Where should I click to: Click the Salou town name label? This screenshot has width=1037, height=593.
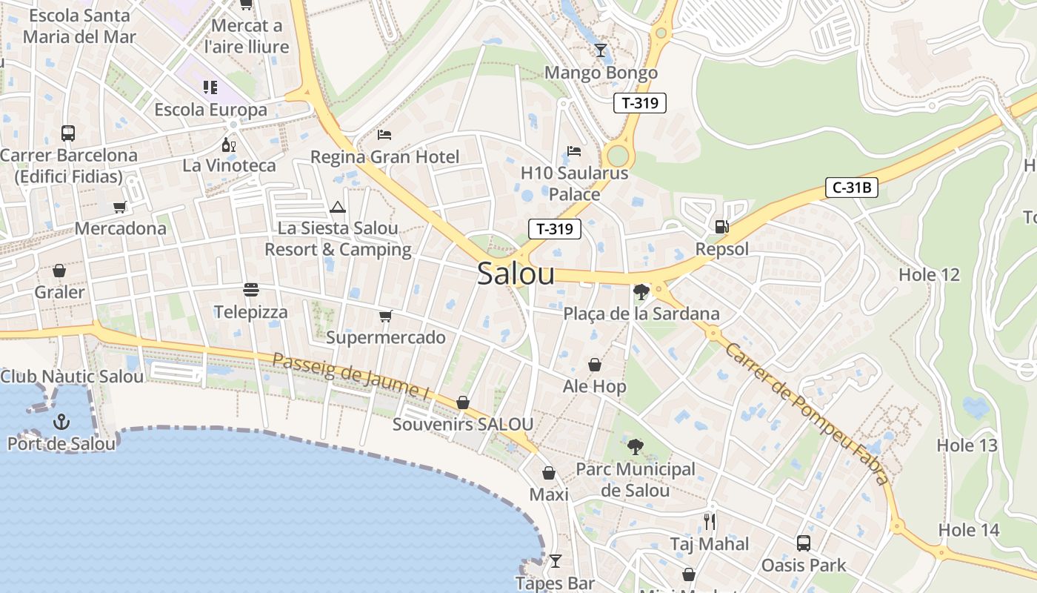[516, 274]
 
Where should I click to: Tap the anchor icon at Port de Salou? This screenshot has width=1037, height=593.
[61, 423]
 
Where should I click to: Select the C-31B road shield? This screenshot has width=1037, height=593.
[852, 188]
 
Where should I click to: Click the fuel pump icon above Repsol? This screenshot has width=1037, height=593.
[721, 227]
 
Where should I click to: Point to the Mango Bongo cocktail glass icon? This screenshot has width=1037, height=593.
[601, 50]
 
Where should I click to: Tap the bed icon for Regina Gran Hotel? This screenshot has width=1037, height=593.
[384, 134]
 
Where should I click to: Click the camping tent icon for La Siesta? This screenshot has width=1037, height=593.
[338, 207]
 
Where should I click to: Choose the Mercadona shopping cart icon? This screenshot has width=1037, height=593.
[120, 207]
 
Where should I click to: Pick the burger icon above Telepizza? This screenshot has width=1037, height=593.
[250, 289]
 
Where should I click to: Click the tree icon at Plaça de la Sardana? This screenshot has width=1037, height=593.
[641, 292]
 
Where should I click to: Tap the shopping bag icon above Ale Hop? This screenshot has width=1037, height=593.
[594, 365]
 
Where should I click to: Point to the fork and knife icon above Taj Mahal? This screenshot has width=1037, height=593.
[710, 522]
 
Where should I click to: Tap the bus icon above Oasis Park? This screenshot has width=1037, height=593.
[804, 543]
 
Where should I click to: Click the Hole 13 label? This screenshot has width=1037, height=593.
[967, 445]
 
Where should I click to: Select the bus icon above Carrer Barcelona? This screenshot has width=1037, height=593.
[68, 133]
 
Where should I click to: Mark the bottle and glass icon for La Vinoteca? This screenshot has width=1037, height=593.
[229, 145]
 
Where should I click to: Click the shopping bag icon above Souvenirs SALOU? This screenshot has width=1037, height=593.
[463, 402]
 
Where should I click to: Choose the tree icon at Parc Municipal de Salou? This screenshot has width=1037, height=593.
[635, 447]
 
